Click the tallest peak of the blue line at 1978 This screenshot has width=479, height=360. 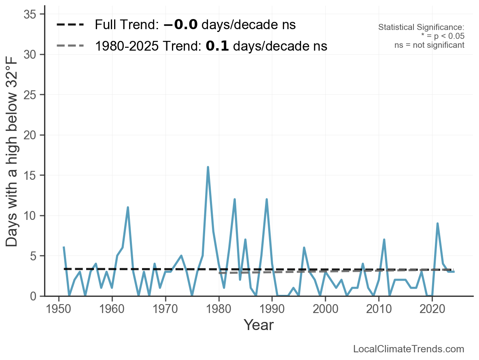point(208,167)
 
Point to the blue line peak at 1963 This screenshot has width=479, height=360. point(128,207)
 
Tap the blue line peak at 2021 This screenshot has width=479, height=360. point(437,224)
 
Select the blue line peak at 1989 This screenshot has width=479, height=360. point(267,199)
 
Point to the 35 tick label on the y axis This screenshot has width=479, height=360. point(30,15)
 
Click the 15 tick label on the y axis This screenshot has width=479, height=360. point(30,175)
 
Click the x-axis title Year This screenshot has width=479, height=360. point(259,325)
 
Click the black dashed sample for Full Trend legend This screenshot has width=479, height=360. point(70,25)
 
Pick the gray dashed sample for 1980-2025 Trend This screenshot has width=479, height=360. point(70,46)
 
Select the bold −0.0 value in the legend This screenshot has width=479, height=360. point(180,25)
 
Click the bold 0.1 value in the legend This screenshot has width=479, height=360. point(217,46)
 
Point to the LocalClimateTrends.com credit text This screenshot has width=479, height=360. point(409,349)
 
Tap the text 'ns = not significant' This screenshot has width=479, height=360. point(429,45)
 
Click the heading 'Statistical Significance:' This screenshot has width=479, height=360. point(421,27)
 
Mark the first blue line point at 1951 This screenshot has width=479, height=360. point(64,247)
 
